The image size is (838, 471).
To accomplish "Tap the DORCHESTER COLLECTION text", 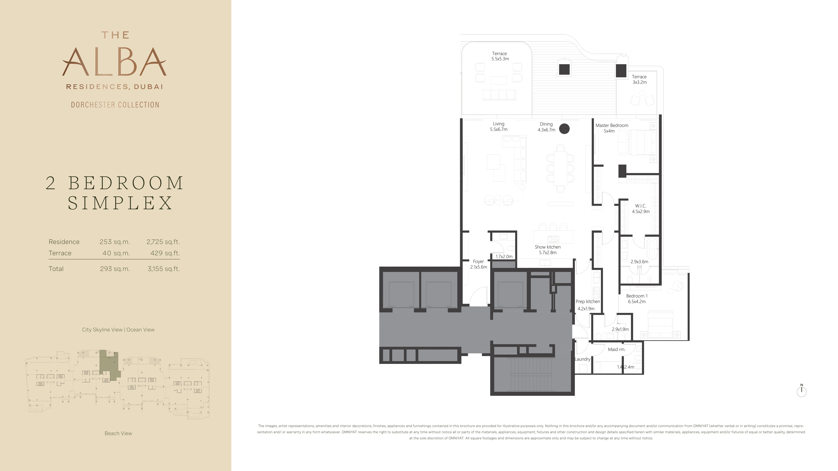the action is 115,105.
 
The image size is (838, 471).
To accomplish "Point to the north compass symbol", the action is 802,391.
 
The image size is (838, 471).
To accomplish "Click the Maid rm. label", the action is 616,349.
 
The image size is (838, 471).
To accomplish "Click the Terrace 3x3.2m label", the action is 639,79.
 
